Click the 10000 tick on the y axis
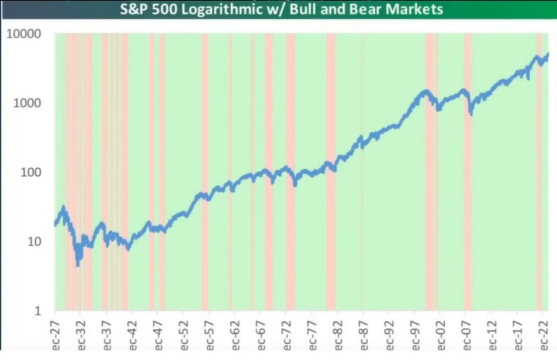[x=24, y=34]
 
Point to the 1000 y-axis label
[x=27, y=103]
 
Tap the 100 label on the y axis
[x=30, y=172]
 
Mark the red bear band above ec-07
[x=467, y=175]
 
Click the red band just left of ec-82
[x=330, y=175]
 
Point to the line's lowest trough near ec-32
[x=78, y=265]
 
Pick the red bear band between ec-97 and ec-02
[x=429, y=175]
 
